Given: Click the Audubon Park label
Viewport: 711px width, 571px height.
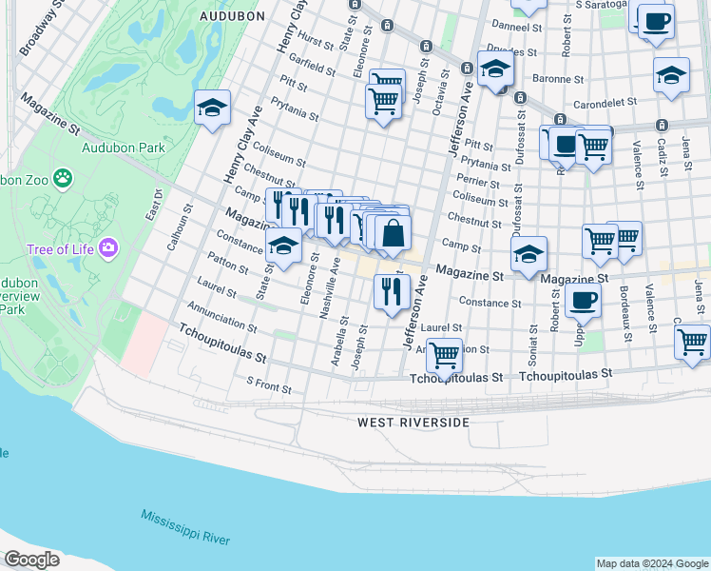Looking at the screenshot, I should (124, 148).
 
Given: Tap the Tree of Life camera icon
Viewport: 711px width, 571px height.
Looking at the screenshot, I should (108, 248).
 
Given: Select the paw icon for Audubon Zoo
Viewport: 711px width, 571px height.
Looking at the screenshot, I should (63, 177).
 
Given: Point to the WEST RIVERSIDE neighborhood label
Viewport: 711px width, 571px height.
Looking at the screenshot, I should (413, 422).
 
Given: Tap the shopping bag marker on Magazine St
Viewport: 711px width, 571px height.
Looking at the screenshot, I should (393, 233).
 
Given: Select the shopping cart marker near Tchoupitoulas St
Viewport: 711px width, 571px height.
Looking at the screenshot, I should (444, 356).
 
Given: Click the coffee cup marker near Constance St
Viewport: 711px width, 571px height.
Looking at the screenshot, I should (583, 301).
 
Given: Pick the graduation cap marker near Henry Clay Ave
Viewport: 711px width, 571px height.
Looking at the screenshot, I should (212, 108).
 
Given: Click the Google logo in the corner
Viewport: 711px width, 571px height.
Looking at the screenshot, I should (31, 560).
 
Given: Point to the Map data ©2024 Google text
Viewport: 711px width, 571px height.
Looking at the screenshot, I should (651, 563).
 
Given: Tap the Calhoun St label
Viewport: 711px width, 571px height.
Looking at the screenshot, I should (175, 228).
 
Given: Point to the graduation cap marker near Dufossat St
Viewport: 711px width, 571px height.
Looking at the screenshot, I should (529, 254).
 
